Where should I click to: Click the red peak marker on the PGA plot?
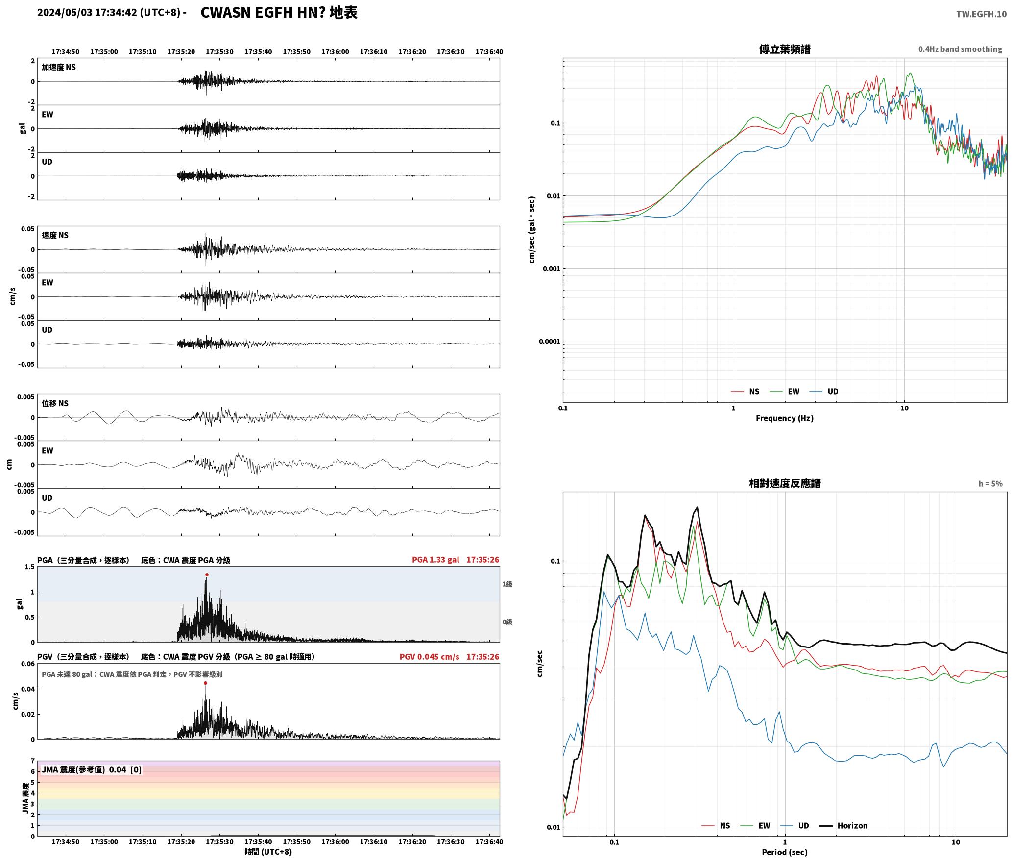pyautogui.click(x=207, y=575)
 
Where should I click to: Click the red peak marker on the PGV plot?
pyautogui.click(x=205, y=683)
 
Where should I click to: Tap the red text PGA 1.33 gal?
pyautogui.click(x=435, y=560)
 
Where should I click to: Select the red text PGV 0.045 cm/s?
pyautogui.click(x=429, y=657)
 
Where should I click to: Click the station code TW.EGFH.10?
pyautogui.click(x=981, y=14)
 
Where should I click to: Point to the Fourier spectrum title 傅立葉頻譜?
pyautogui.click(x=784, y=49)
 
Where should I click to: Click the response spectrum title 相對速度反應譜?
pyautogui.click(x=785, y=483)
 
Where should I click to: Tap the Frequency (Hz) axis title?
pyautogui.click(x=784, y=418)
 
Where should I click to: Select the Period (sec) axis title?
pyautogui.click(x=784, y=852)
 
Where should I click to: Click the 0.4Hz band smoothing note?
pyautogui.click(x=960, y=49)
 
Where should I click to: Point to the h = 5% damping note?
pyautogui.click(x=990, y=484)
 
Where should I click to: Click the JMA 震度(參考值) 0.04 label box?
pyautogui.click(x=92, y=769)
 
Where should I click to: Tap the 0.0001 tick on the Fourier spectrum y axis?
pyautogui.click(x=549, y=341)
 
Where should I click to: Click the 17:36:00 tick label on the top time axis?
pyautogui.click(x=335, y=52)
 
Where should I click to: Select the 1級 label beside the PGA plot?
pyautogui.click(x=507, y=584)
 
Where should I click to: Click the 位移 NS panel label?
pyautogui.click(x=55, y=403)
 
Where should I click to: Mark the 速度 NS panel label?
pyautogui.click(x=55, y=235)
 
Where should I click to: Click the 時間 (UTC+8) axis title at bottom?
pyautogui.click(x=268, y=852)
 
